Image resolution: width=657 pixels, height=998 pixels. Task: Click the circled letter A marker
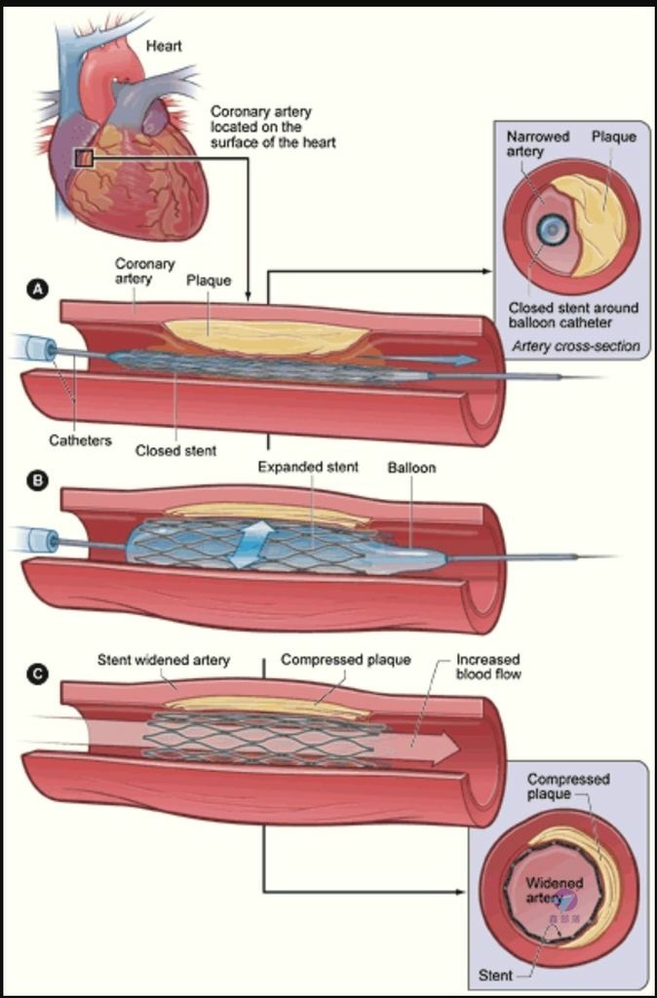pyautogui.click(x=39, y=290)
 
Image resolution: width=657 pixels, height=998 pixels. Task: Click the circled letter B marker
pyautogui.click(x=39, y=480)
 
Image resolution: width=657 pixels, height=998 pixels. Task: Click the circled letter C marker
pyautogui.click(x=39, y=674)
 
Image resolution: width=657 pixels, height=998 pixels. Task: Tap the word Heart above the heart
pyautogui.click(x=164, y=46)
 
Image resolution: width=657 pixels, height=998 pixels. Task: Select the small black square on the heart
pyautogui.click(x=84, y=158)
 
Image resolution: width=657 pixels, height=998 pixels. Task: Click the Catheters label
pyautogui.click(x=80, y=440)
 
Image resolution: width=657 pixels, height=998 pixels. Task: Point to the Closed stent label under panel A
pyautogui.click(x=175, y=450)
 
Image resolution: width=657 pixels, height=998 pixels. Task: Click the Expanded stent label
pyautogui.click(x=308, y=467)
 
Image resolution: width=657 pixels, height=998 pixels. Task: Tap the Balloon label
pyautogui.click(x=412, y=467)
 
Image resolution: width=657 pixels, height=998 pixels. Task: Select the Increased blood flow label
pyautogui.click(x=487, y=666)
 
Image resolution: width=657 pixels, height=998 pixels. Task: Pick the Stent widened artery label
pyautogui.click(x=163, y=660)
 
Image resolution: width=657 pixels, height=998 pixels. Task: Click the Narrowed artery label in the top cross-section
pyautogui.click(x=528, y=143)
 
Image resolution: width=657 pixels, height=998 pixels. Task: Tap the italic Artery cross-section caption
pyautogui.click(x=576, y=346)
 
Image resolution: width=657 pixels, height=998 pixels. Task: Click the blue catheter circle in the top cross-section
pyautogui.click(x=552, y=229)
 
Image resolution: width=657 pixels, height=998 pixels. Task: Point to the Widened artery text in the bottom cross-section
pyautogui.click(x=554, y=890)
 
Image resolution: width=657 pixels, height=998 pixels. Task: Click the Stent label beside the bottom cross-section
pyautogui.click(x=495, y=975)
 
